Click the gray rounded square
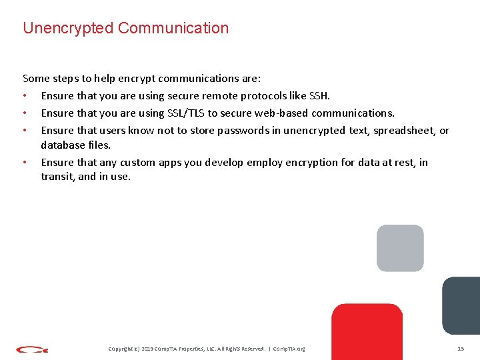coord(400,248)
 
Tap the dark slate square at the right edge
coord(461,305)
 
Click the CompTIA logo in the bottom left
coord(32,349)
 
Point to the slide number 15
coord(460,349)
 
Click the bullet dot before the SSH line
coord(25,95)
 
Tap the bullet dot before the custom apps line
coord(25,162)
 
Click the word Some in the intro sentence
coord(35,78)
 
